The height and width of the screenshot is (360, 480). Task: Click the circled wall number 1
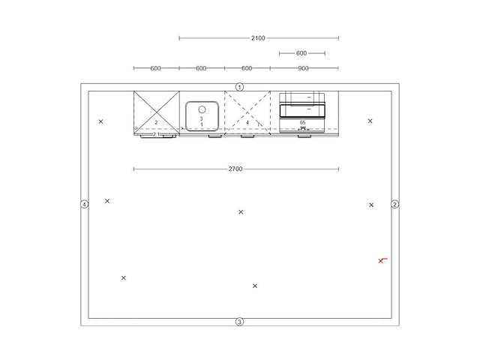(x=239, y=87)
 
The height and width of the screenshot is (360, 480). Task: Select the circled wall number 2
(x=395, y=204)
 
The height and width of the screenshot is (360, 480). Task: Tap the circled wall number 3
(x=239, y=322)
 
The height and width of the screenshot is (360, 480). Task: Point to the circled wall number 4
(x=84, y=204)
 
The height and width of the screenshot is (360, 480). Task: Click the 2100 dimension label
(x=258, y=38)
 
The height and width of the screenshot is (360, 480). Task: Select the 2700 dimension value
(x=235, y=169)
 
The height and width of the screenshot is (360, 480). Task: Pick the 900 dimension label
(x=303, y=68)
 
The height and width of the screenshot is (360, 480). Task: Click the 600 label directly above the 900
(x=301, y=53)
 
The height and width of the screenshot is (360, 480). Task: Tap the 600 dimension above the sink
(x=201, y=68)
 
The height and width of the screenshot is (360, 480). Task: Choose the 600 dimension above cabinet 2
(x=155, y=68)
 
